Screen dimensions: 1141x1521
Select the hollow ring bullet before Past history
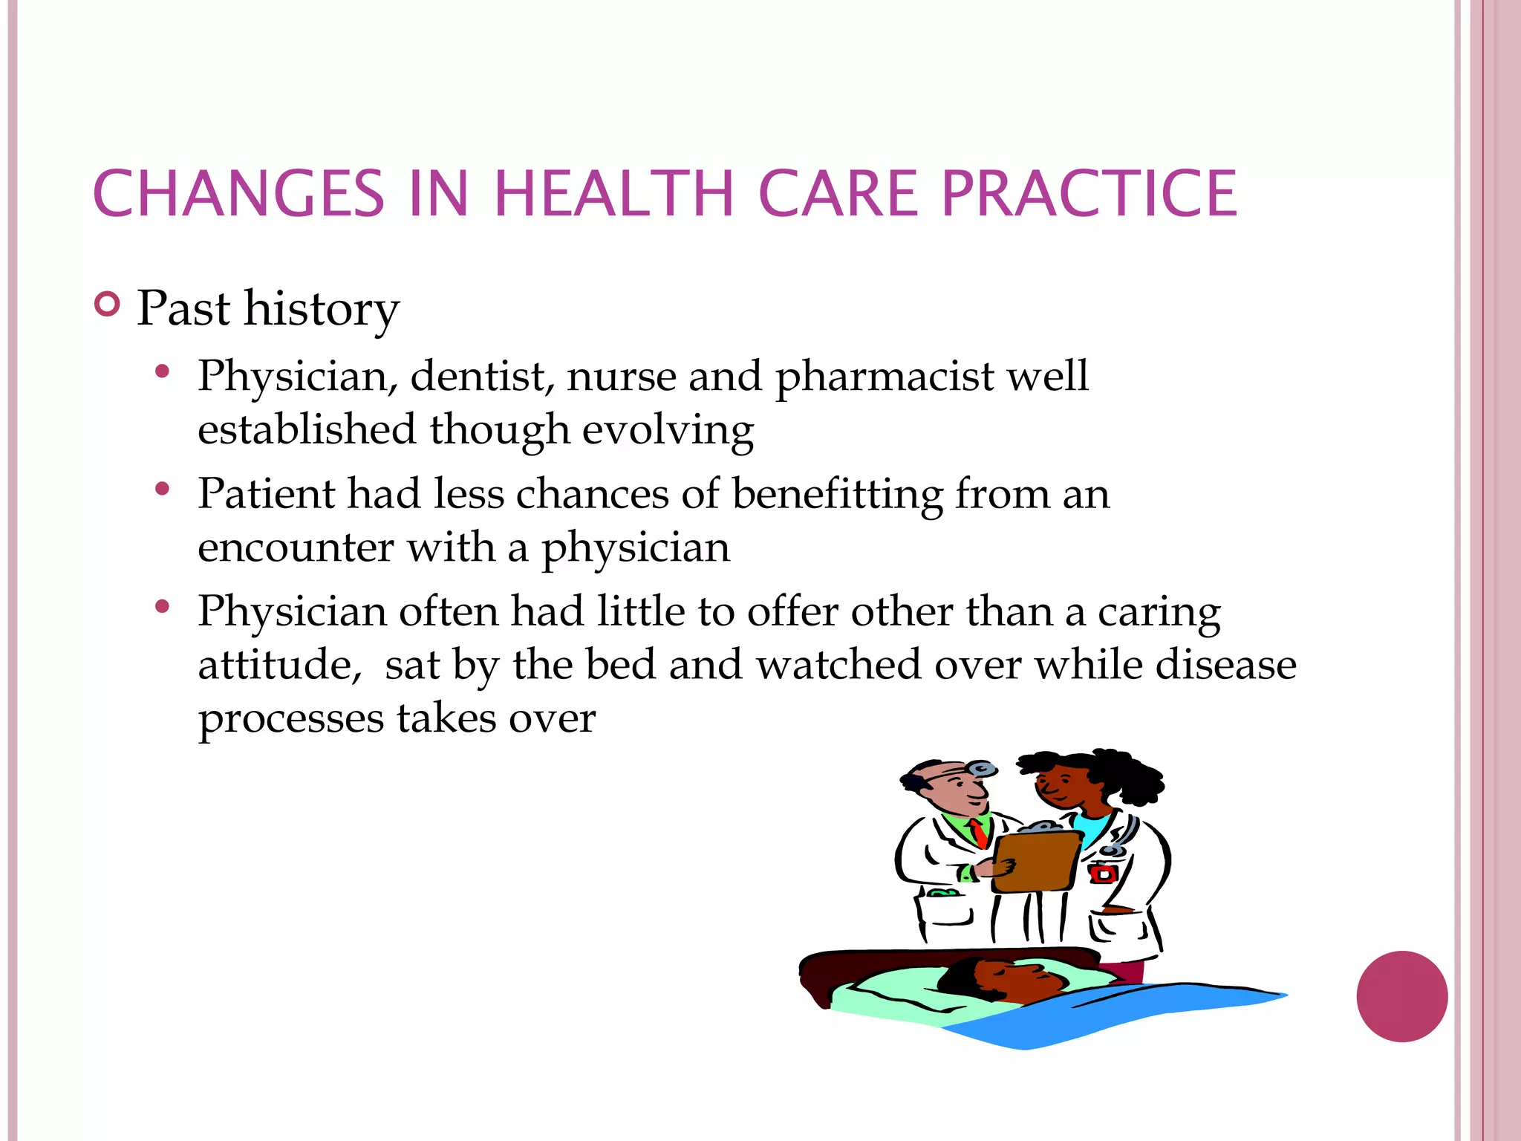(108, 305)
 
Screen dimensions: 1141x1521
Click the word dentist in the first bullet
(482, 376)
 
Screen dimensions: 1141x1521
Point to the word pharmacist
(884, 377)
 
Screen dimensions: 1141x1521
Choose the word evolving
(668, 431)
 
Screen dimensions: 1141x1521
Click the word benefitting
(837, 494)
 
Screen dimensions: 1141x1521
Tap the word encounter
(296, 548)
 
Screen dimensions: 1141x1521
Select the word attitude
(276, 664)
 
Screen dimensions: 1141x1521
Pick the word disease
(1225, 664)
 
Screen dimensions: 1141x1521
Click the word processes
(290, 719)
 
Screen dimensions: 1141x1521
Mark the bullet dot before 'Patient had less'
(163, 490)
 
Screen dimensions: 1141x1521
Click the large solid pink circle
(1401, 996)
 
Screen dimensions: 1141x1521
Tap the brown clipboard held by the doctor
(1036, 862)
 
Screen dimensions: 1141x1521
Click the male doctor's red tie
(979, 833)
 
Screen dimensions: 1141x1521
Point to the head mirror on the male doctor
(983, 769)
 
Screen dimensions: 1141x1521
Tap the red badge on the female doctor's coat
(1104, 874)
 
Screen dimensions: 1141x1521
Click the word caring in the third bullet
(1159, 613)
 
